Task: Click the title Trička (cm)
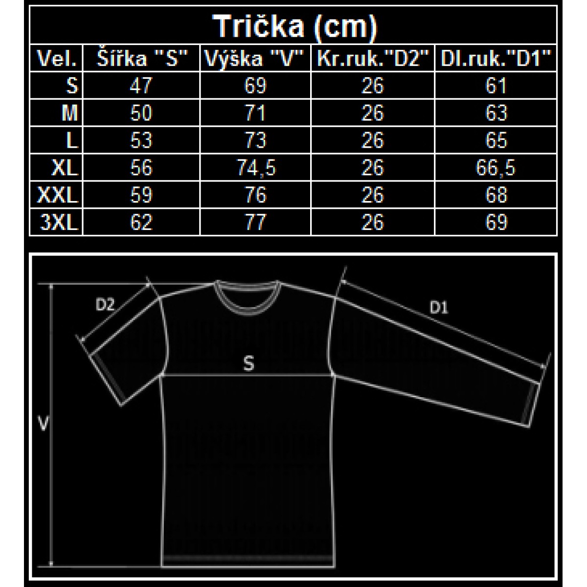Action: click(294, 27)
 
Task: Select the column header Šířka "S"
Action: click(142, 58)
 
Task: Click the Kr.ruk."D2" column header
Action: click(373, 58)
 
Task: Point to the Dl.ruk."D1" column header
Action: click(496, 58)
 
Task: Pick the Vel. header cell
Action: click(57, 58)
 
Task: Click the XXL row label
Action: click(58, 195)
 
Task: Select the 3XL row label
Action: click(59, 222)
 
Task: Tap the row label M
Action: click(70, 113)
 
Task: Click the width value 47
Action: click(141, 85)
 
